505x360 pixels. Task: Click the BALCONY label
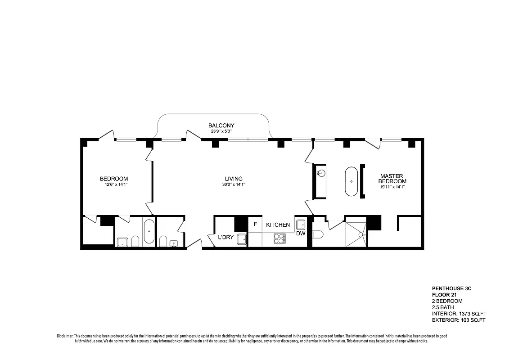point(221,125)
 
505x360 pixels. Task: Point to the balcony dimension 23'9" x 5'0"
point(221,131)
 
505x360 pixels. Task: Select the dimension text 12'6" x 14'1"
point(114,184)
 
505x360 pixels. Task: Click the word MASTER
point(391,176)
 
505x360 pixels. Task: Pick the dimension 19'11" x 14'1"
point(392,187)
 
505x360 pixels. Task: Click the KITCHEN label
point(278,225)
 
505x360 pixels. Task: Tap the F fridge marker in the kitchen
point(255,224)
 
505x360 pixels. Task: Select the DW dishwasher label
point(300,234)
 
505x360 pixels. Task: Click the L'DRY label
point(225,237)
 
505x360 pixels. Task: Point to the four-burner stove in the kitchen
point(280,238)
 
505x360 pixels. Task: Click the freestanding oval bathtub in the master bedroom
point(352,181)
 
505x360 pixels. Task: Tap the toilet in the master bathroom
point(317,234)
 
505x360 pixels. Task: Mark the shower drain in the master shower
point(361,234)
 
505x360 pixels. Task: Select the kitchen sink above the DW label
point(301,225)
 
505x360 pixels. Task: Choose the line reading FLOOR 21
point(445,294)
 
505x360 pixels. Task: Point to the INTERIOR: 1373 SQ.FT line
point(459,314)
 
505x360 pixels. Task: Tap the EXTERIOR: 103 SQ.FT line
point(459,320)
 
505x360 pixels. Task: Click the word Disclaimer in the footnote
point(65,336)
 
